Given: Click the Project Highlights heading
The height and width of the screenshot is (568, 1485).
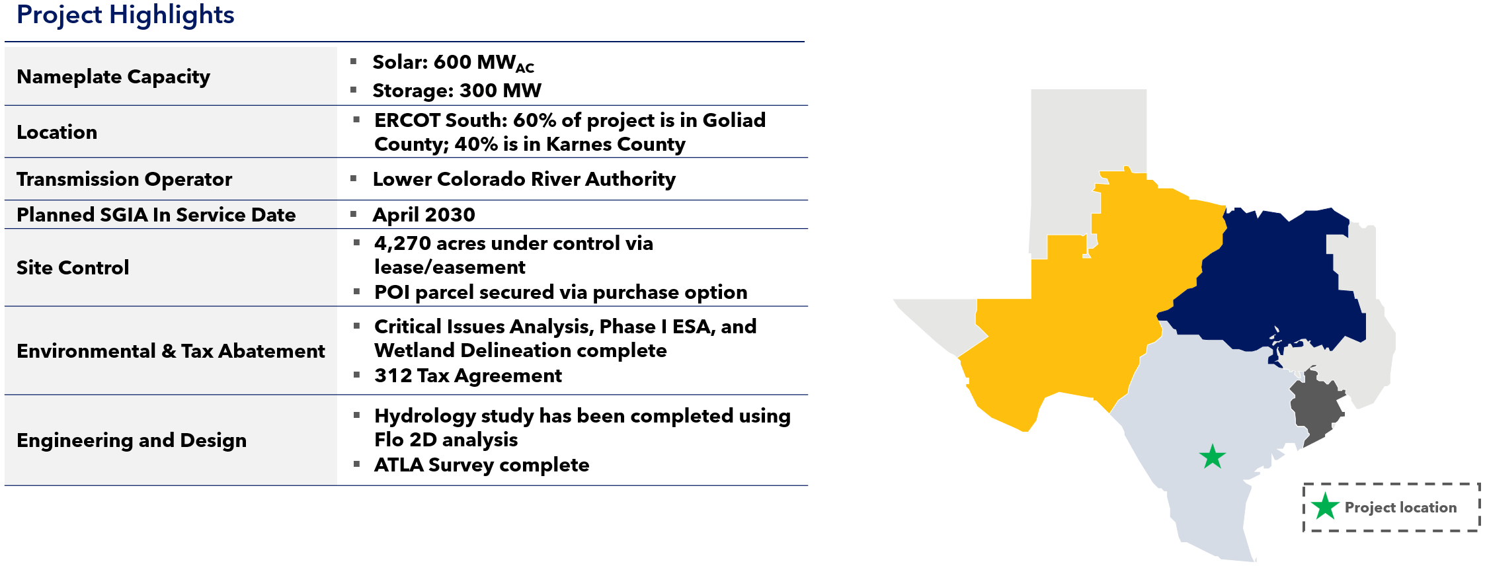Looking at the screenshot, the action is [126, 15].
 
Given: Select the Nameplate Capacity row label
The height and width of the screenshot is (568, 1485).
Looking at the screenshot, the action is [113, 77].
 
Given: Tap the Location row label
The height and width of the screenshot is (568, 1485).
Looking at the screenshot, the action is [57, 132].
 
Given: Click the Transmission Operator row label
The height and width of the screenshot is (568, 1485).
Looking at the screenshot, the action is [124, 179].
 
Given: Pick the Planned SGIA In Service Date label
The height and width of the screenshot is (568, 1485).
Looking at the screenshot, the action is [156, 215].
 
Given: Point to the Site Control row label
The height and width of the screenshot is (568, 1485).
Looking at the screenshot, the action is [73, 268].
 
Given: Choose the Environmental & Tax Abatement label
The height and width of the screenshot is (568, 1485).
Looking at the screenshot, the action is [171, 351].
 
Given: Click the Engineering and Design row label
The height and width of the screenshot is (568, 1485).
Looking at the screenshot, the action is [132, 440].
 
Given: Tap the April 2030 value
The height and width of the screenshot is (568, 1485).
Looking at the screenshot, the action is [424, 215].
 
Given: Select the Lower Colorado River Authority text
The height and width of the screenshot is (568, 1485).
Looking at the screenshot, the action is [524, 179].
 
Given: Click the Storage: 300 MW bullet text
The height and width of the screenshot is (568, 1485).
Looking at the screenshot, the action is [457, 91].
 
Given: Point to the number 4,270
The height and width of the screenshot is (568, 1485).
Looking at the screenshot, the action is [403, 244].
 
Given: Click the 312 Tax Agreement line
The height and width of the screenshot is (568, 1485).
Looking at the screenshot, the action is [468, 376].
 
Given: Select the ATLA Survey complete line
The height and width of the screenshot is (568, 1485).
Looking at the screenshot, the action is [481, 465].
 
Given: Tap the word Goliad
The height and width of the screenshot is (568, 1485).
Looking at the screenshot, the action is [734, 120].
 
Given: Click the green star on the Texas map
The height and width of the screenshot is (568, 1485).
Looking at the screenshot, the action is [1213, 456].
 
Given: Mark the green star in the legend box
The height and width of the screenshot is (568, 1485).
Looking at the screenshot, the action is [1325, 507].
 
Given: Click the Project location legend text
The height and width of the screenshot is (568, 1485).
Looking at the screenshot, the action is [1400, 507].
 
